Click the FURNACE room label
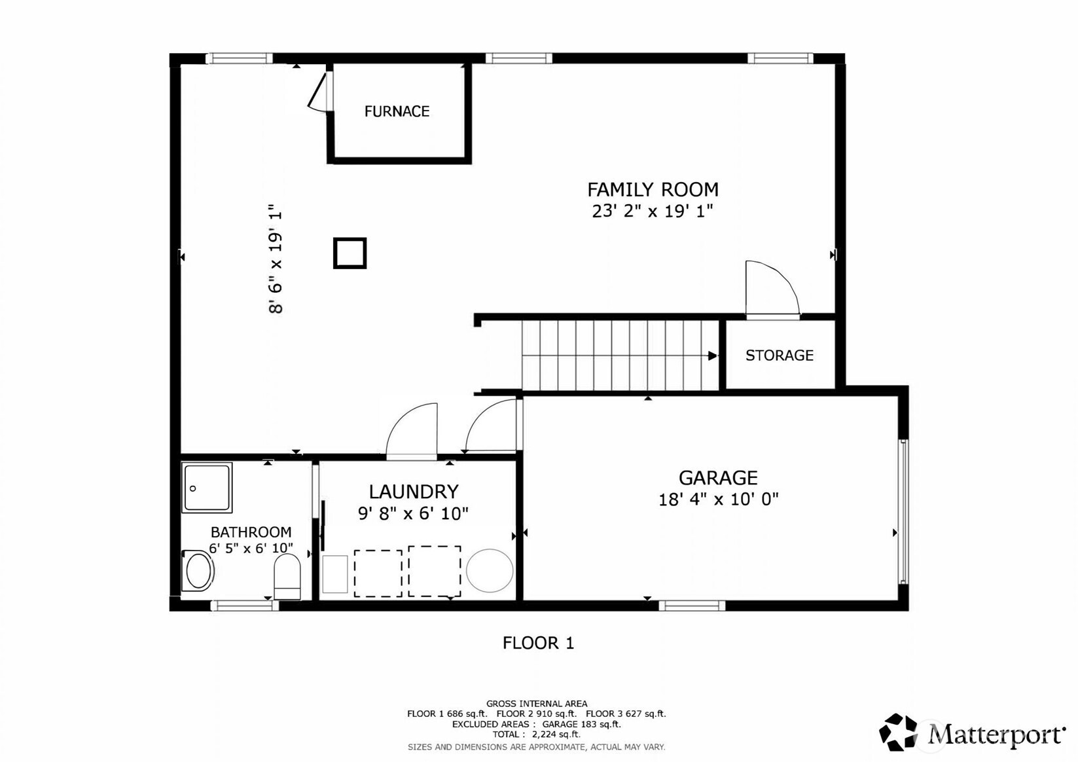pos(397,111)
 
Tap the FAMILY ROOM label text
pos(653,190)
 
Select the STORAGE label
pos(779,355)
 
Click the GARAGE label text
pos(718,478)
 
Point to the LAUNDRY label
pos(414,492)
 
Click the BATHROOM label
pos(251,532)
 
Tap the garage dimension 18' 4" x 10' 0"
pos(718,499)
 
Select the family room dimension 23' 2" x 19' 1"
pos(652,211)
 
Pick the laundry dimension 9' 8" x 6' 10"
pos(413,514)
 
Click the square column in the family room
pos(350,253)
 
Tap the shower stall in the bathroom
pos(207,488)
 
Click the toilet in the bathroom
pos(287,576)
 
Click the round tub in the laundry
pos(490,570)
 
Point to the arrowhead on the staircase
pos(713,355)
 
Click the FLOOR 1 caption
pos(538,643)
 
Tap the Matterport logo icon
pos(898,732)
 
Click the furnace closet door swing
pos(317,93)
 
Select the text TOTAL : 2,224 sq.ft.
pos(536,735)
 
